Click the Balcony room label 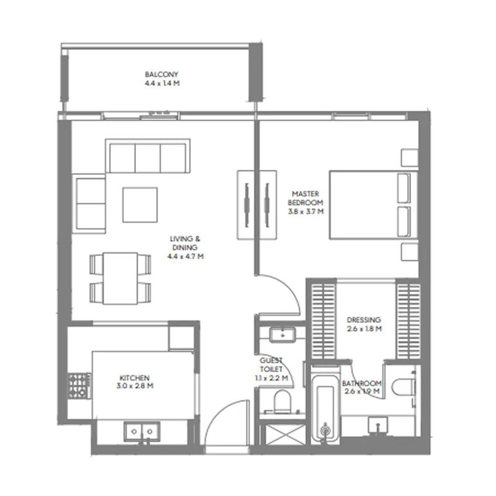pos(162,74)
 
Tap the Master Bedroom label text pos(306,198)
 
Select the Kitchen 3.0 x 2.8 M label pos(135,382)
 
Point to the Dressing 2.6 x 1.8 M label pos(364,324)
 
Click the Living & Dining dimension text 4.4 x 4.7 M pos(185,256)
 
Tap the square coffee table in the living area pos(140,205)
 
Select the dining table pos(120,278)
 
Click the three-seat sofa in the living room pos(148,156)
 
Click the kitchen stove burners pos(79,386)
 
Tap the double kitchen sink pos(142,431)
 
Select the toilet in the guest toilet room pos(281,402)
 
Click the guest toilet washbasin pos(283,335)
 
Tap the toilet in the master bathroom pos(403,386)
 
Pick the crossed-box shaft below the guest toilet pos(285,436)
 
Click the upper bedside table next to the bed pos(410,157)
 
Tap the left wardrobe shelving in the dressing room pos(324,321)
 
